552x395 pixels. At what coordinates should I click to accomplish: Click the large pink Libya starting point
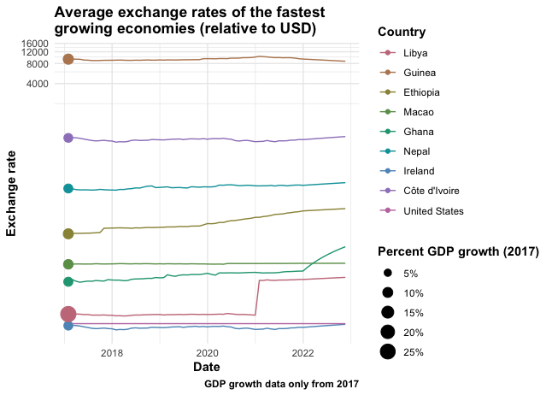point(68,315)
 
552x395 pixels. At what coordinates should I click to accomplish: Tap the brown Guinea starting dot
point(68,59)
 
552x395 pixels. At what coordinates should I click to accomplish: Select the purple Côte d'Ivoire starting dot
point(68,138)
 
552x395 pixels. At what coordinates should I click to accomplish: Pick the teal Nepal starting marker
point(68,189)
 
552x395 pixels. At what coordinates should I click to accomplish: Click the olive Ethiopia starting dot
point(68,233)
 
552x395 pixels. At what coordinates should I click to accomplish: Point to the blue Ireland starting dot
point(68,325)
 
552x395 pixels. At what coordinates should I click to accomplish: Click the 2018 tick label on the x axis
point(112,352)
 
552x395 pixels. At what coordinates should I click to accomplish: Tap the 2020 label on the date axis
point(208,352)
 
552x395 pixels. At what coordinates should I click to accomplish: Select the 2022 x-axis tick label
point(303,352)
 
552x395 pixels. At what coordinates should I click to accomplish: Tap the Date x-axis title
point(206,367)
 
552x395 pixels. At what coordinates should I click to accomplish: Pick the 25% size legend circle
point(388,351)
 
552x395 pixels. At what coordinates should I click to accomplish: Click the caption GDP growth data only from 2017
point(281,385)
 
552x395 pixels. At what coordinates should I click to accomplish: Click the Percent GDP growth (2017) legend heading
point(457,251)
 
